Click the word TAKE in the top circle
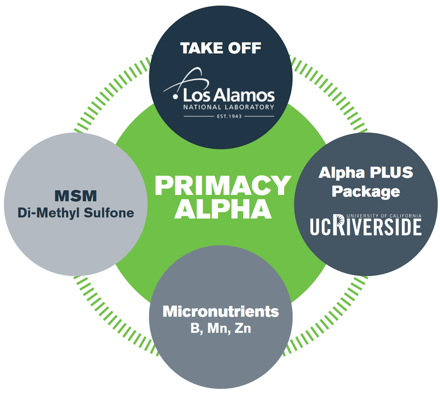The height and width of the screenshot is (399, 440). coord(201,48)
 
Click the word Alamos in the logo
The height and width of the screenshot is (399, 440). coord(244,95)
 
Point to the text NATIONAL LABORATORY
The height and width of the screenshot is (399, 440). coord(229,107)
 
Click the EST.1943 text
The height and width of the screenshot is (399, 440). coord(229,116)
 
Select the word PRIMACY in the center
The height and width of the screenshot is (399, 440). coord(222,186)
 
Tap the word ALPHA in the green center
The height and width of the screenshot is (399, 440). coord(222,209)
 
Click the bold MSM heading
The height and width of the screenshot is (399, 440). coord(76,196)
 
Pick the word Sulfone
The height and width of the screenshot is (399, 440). coord(109,213)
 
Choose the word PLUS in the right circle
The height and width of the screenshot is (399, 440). coord(391,173)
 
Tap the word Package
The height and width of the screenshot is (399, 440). coord(366,191)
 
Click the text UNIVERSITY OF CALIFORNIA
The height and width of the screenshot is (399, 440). coord(384,216)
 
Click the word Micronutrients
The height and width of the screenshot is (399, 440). coord(221,311)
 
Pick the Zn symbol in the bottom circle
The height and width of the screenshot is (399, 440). coord(243,328)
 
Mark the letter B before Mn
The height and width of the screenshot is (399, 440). coord(195,328)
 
